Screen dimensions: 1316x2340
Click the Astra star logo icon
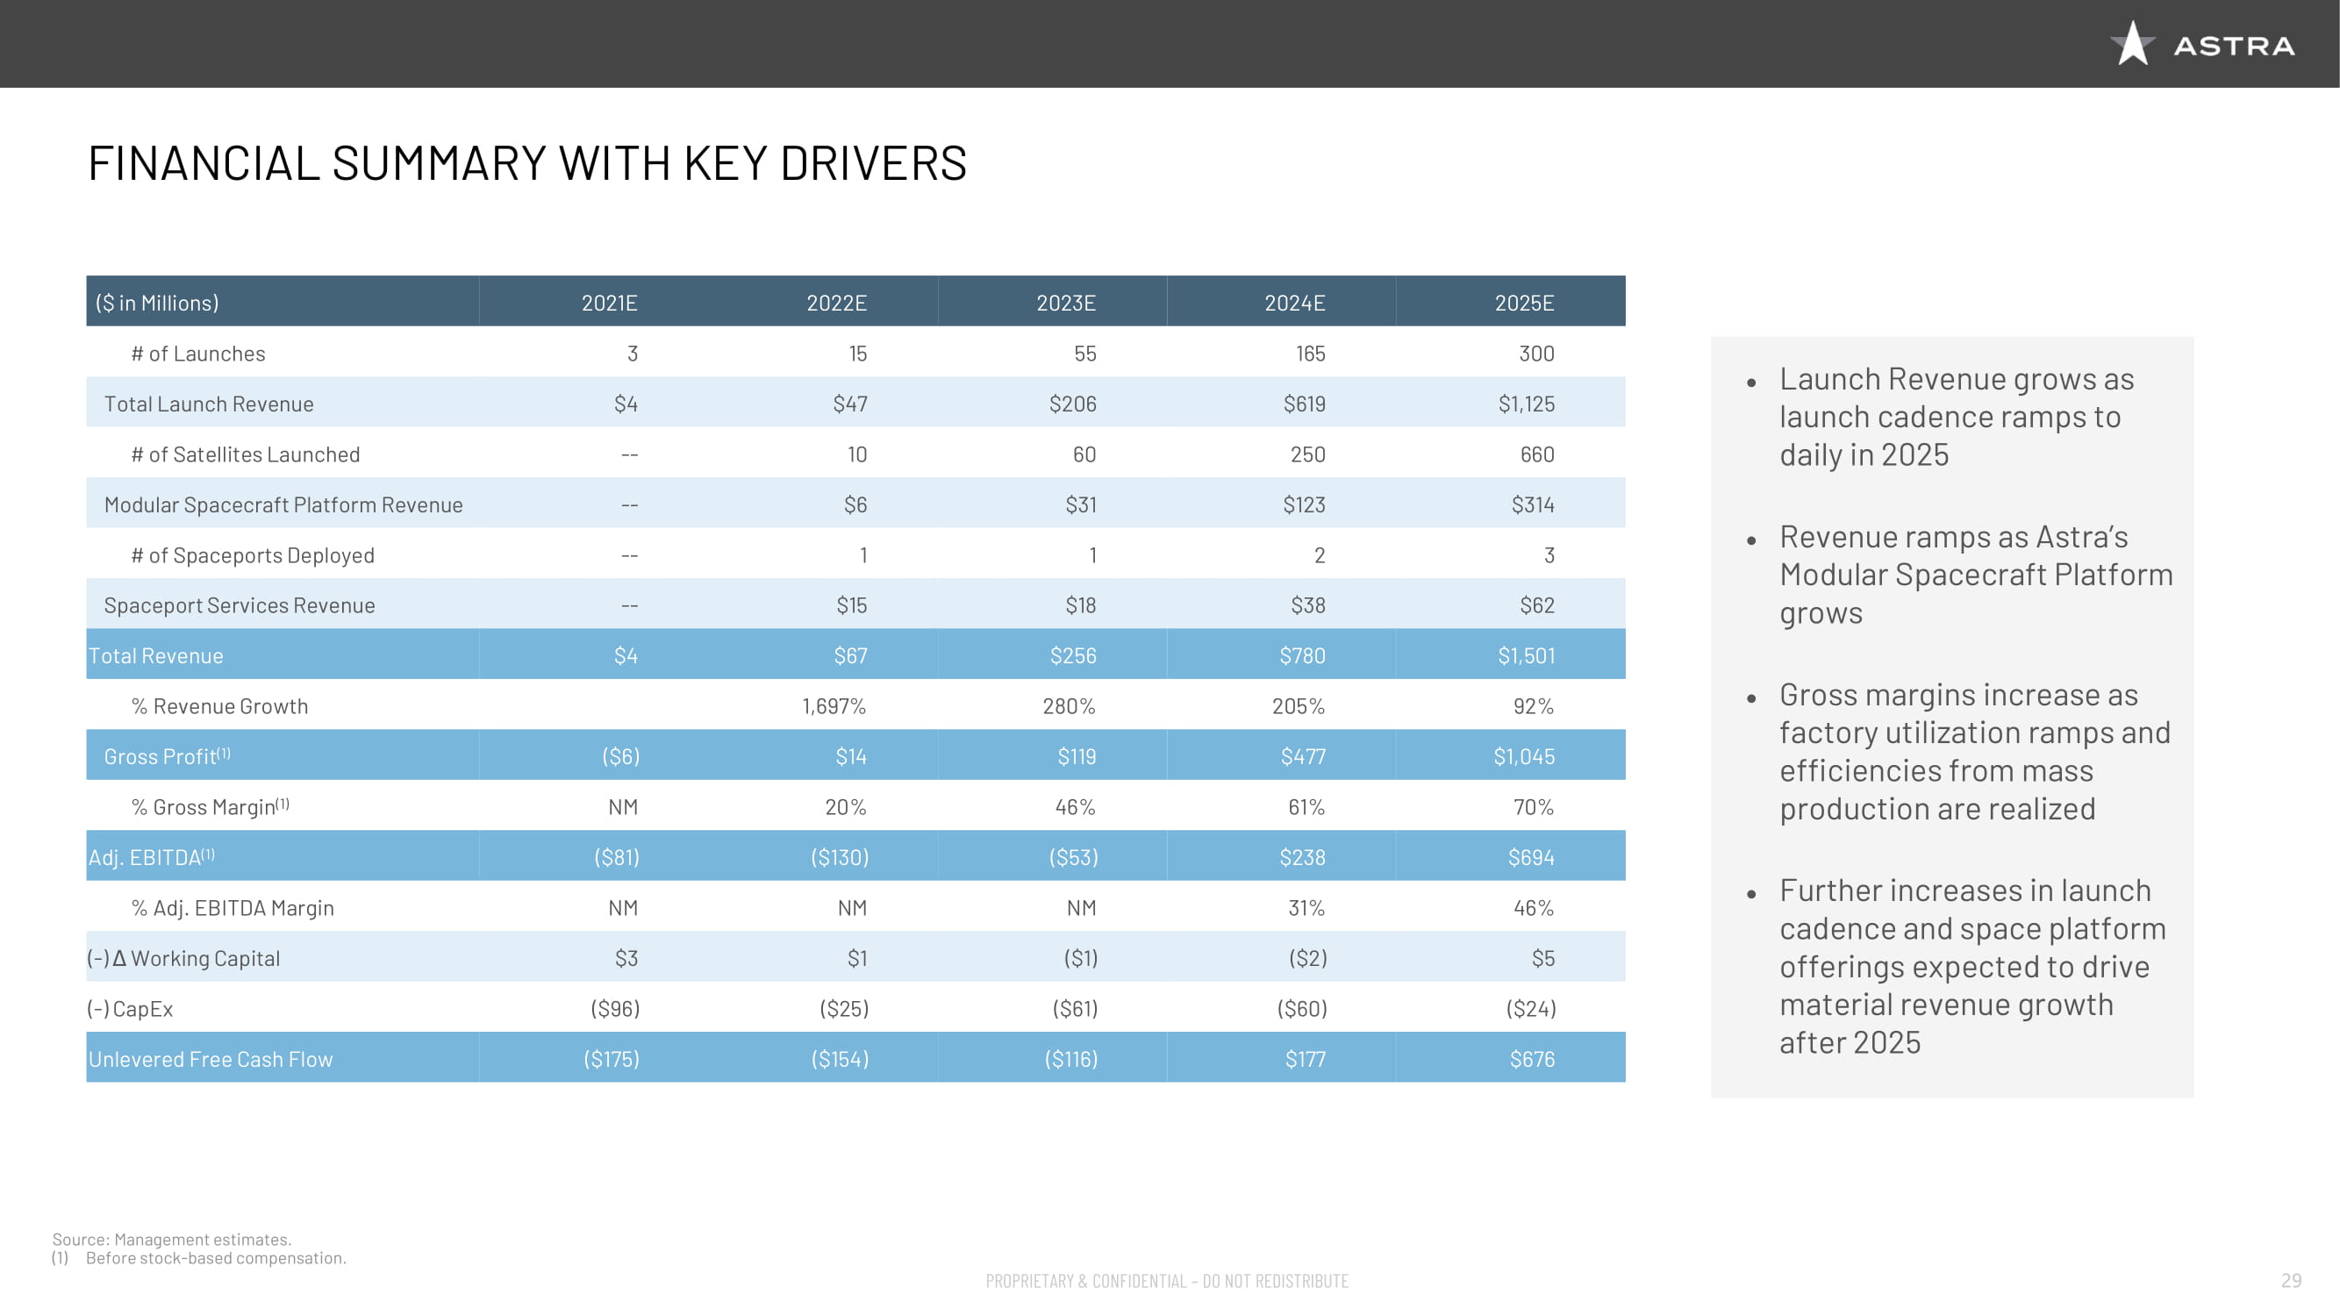[2131, 44]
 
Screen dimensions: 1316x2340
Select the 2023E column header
[1065, 303]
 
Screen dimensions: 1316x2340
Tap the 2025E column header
[1523, 303]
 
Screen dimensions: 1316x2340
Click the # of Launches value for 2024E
[1310, 354]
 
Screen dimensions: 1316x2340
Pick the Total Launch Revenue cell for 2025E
[1525, 404]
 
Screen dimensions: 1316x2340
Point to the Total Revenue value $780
[1302, 655]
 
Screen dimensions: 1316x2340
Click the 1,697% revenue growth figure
[833, 705]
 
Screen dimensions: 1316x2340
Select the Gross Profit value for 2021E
[620, 756]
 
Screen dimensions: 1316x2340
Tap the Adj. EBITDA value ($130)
[840, 857]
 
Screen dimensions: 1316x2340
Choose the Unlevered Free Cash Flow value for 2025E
[1532, 1059]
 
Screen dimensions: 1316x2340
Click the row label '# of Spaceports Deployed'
[253, 555]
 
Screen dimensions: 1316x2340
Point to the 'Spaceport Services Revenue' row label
[239, 604]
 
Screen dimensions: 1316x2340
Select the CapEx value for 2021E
[615, 1008]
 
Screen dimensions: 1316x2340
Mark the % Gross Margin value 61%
[1306, 806]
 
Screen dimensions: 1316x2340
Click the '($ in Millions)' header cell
[157, 303]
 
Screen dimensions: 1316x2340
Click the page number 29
[2290, 1280]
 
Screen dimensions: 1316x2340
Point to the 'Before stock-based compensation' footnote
[215, 1258]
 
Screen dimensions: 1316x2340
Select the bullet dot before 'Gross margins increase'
[1750, 697]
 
